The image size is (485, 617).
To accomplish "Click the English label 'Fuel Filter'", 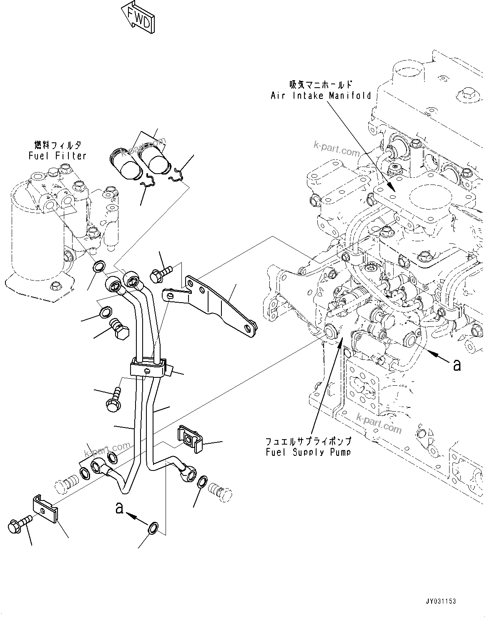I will [x=58, y=156].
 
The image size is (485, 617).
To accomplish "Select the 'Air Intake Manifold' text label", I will [x=321, y=96].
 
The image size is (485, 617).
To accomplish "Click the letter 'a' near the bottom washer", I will [x=120, y=508].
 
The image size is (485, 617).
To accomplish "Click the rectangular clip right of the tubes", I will [x=190, y=442].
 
